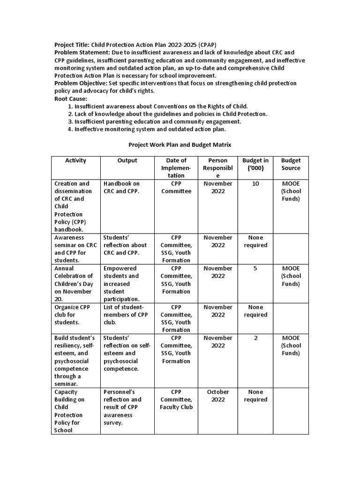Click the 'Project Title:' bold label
72,45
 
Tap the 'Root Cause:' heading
71,98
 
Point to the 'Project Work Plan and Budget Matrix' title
180,145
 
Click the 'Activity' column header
75,161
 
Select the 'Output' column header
127,161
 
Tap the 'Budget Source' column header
291,164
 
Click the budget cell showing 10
255,184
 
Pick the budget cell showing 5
255,269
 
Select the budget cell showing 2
255,338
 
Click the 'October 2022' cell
217,396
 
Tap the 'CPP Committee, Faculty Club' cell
176,399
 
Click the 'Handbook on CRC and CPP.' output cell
122,187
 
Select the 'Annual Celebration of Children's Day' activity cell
74,284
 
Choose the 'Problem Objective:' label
81,83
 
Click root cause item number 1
161,106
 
